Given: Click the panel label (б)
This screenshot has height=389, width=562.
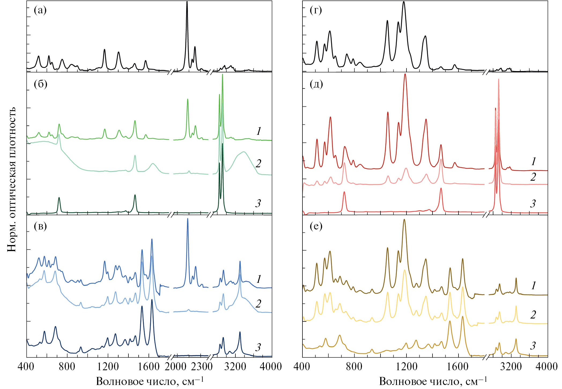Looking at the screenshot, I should click(40, 84).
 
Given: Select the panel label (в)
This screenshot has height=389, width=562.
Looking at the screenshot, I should click(40, 226).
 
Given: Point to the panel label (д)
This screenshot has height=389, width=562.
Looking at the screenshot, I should click(316, 84).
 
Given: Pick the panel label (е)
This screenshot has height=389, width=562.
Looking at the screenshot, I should click(316, 226).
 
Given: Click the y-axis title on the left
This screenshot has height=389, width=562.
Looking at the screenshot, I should click(12, 179).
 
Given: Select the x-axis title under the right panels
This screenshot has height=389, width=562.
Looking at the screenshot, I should click(433, 381).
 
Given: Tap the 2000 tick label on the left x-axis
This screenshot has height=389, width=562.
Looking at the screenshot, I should click(175, 366).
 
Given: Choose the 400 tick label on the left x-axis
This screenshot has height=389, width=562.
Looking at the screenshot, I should click(27, 366).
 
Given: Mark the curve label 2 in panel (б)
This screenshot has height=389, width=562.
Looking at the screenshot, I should click(258, 163).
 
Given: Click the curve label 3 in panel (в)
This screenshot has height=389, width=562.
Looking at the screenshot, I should click(258, 347).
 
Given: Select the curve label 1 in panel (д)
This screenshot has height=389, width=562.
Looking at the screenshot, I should click(533, 161).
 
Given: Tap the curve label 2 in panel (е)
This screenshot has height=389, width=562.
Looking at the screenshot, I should click(533, 314).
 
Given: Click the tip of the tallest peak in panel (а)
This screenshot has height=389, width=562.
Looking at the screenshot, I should click(187, 2).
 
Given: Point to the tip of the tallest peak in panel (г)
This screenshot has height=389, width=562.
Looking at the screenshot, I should click(404, 2).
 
